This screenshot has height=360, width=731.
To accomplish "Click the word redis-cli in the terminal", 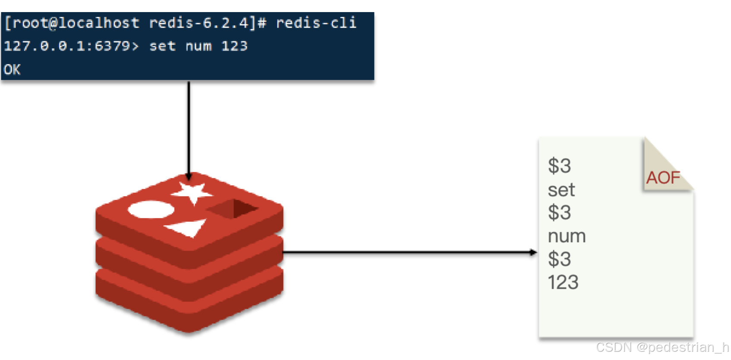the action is tap(316, 23).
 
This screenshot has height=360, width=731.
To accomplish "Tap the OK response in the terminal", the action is tap(12, 69).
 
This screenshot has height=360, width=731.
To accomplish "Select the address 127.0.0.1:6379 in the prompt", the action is tap(67, 46).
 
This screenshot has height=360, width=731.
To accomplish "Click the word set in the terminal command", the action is tap(162, 46).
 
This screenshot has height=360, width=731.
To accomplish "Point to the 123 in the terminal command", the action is tap(234, 46).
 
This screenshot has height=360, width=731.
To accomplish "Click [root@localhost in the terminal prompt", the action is tap(72, 23).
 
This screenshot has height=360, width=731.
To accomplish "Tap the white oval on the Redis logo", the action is tap(151, 210).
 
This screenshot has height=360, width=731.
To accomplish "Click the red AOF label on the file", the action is tap(663, 178).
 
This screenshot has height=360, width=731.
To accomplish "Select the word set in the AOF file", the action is tap(561, 190).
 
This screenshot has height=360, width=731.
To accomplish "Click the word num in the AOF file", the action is tap(567, 236).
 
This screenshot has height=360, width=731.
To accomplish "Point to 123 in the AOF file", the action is tap(563, 282).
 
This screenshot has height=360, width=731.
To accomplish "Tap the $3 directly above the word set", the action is tap(559, 166).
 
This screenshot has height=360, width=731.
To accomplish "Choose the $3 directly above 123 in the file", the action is tap(559, 259).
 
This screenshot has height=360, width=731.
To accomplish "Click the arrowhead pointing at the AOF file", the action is tap(534, 252).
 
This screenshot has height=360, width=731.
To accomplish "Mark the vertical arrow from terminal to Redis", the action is tap(189, 129).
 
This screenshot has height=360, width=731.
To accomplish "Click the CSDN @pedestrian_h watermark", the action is tap(662, 347).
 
